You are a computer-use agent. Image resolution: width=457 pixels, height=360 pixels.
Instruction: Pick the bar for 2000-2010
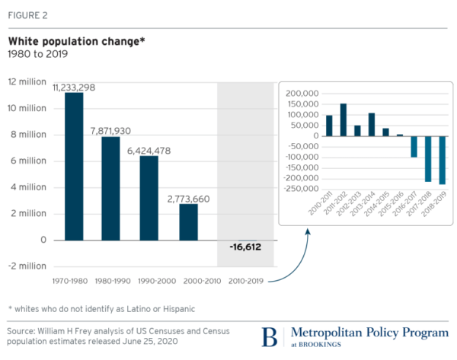(188, 221)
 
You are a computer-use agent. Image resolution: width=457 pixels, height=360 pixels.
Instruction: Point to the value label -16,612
(245, 248)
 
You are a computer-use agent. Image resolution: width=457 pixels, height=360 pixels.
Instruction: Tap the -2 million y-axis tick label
(27, 266)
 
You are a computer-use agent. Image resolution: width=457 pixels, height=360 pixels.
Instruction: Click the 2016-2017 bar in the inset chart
(393, 146)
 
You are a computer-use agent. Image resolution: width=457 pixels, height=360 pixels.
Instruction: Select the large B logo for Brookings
(269, 336)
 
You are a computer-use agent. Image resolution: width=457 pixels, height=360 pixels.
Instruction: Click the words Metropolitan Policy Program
(362, 333)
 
